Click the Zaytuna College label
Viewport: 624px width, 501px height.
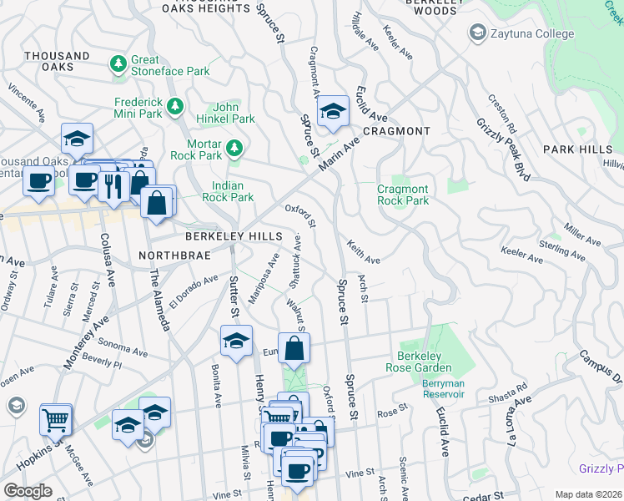(x=532, y=34)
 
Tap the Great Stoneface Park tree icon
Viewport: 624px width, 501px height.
(x=118, y=63)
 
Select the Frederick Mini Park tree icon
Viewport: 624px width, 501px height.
(x=175, y=106)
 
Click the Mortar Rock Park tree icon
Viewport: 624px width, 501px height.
(x=235, y=148)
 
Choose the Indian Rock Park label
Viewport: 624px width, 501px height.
(x=228, y=191)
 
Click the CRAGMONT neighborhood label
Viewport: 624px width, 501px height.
(x=398, y=131)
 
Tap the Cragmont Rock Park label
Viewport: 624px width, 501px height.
(x=403, y=195)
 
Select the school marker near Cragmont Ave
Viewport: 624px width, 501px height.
(x=332, y=111)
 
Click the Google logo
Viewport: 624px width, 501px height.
(x=28, y=491)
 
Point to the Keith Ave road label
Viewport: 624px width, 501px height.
(x=363, y=253)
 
